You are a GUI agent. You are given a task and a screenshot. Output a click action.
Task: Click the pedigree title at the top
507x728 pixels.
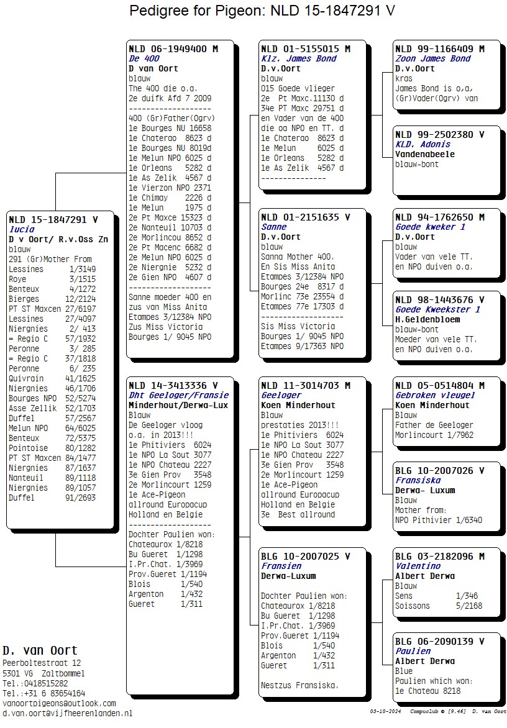click(262, 11)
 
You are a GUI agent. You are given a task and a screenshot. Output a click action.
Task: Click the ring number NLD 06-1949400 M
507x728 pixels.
click(173, 48)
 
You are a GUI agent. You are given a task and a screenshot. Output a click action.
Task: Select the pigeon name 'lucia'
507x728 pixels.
click(22, 229)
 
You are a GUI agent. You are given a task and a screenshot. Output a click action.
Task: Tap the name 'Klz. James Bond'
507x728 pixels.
click(298, 58)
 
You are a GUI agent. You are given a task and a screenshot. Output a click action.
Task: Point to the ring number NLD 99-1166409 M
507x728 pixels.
click(439, 48)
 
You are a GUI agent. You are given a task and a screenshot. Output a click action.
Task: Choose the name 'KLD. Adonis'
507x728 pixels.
click(422, 144)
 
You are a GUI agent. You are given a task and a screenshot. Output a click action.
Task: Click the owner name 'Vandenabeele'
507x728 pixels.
click(425, 154)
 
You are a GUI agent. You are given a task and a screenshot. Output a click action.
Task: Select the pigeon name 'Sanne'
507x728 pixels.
click(274, 227)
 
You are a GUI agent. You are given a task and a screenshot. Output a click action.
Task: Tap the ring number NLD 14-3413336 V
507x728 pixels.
click(173, 385)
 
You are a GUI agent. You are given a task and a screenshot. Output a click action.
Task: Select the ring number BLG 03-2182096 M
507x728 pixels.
click(439, 556)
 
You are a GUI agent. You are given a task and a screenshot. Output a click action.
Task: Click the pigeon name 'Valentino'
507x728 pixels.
click(418, 566)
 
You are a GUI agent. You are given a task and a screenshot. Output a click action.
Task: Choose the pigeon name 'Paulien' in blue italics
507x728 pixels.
click(413, 651)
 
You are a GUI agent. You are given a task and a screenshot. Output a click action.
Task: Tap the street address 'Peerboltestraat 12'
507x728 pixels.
click(42, 663)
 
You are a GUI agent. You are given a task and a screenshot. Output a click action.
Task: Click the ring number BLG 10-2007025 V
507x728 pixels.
click(306, 556)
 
